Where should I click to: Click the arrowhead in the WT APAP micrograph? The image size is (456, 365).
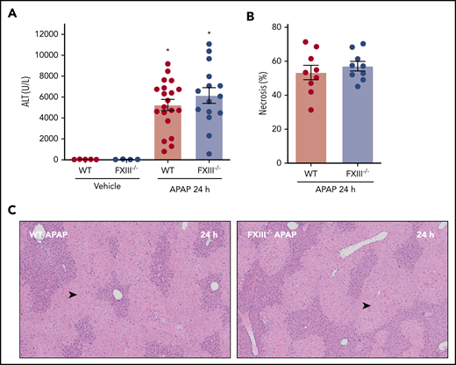(73, 297)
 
